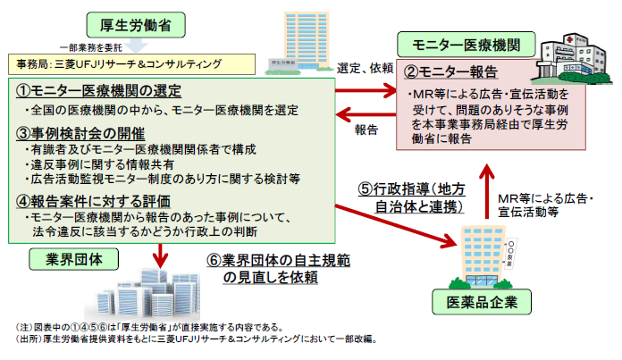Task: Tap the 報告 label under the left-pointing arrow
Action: tap(366, 130)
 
